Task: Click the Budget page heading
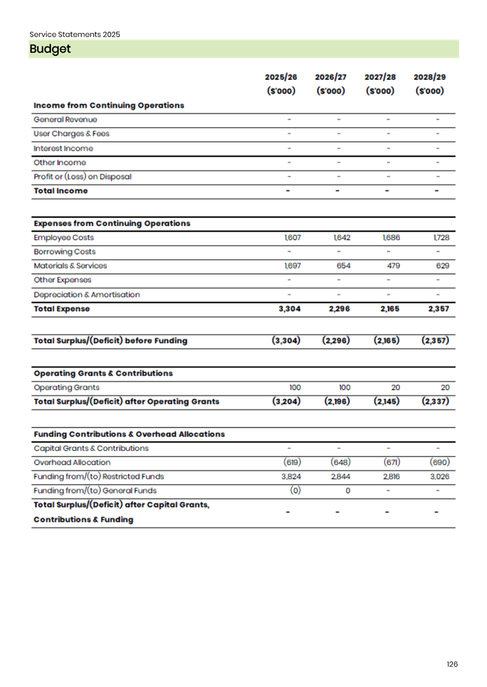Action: tap(50, 49)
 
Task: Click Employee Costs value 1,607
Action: tap(292, 238)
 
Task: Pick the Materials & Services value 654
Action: tap(344, 266)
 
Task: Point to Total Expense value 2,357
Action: tap(439, 309)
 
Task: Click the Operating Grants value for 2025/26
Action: tap(295, 388)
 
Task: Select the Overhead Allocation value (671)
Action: tap(392, 463)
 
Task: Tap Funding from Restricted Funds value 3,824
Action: tap(291, 477)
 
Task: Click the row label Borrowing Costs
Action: tap(65, 252)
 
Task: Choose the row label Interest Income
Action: tap(63, 149)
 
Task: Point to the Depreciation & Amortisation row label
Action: tap(87, 295)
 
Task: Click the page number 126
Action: tap(452, 664)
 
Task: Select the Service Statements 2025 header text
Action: tap(74, 34)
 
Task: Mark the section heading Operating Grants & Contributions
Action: tap(103, 374)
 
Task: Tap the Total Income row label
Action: tap(60, 191)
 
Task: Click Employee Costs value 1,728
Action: tap(441, 238)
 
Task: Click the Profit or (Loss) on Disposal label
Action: tap(83, 177)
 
